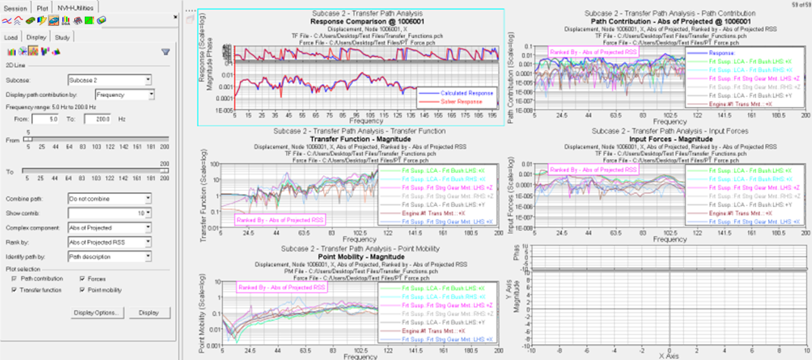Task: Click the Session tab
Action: pyautogui.click(x=16, y=8)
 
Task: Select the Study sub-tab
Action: pyautogui.click(x=63, y=36)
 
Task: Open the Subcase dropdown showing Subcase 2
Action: pyautogui.click(x=110, y=80)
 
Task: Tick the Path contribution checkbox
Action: pyautogui.click(x=14, y=278)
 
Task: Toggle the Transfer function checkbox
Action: pyautogui.click(x=14, y=289)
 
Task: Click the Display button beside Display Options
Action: pyautogui.click(x=149, y=312)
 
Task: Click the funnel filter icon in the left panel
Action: pyautogui.click(x=165, y=52)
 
